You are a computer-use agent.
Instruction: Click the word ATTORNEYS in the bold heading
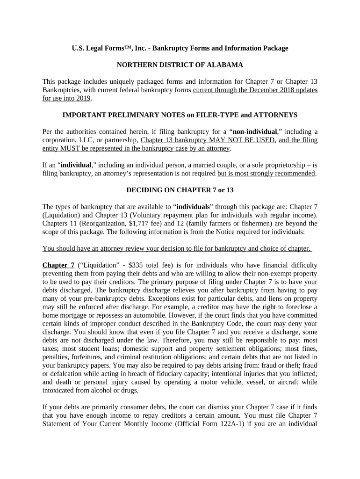(x=276, y=115)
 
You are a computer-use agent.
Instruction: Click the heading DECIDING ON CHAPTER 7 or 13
(x=180, y=190)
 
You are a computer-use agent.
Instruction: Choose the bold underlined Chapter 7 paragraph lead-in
(x=58, y=265)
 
